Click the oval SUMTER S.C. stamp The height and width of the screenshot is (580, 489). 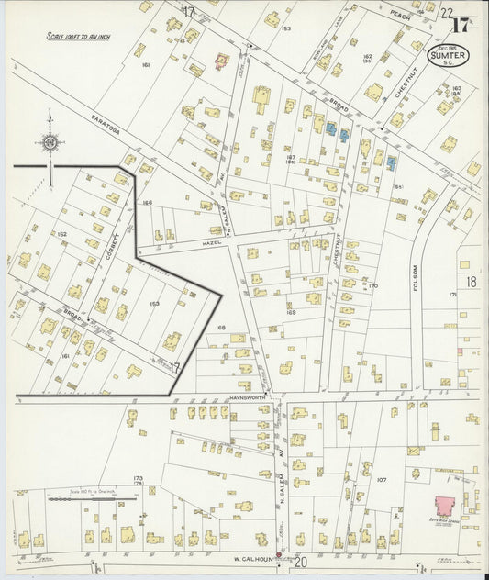(448, 57)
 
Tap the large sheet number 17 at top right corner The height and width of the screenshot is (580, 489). (460, 25)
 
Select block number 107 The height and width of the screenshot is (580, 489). (381, 480)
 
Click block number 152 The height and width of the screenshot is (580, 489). (62, 234)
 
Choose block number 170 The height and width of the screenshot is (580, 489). (373, 286)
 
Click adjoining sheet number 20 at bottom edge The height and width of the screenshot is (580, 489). (299, 561)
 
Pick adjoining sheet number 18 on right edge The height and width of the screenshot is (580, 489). (471, 283)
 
